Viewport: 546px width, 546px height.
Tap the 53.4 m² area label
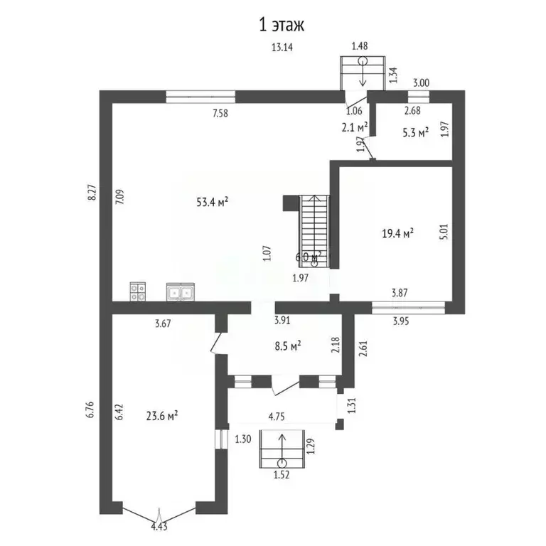(x=212, y=203)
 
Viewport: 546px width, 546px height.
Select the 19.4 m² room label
(x=398, y=232)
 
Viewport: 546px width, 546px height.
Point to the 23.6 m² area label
(x=161, y=417)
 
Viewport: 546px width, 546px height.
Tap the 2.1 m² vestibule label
(x=353, y=127)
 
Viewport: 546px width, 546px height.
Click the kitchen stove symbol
(x=138, y=291)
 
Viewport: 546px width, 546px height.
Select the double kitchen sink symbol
(x=180, y=291)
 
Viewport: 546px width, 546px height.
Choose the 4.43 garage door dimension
(x=161, y=526)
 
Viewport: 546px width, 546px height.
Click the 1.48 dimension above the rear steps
(x=360, y=47)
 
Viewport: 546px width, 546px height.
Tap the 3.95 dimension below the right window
(x=403, y=321)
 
